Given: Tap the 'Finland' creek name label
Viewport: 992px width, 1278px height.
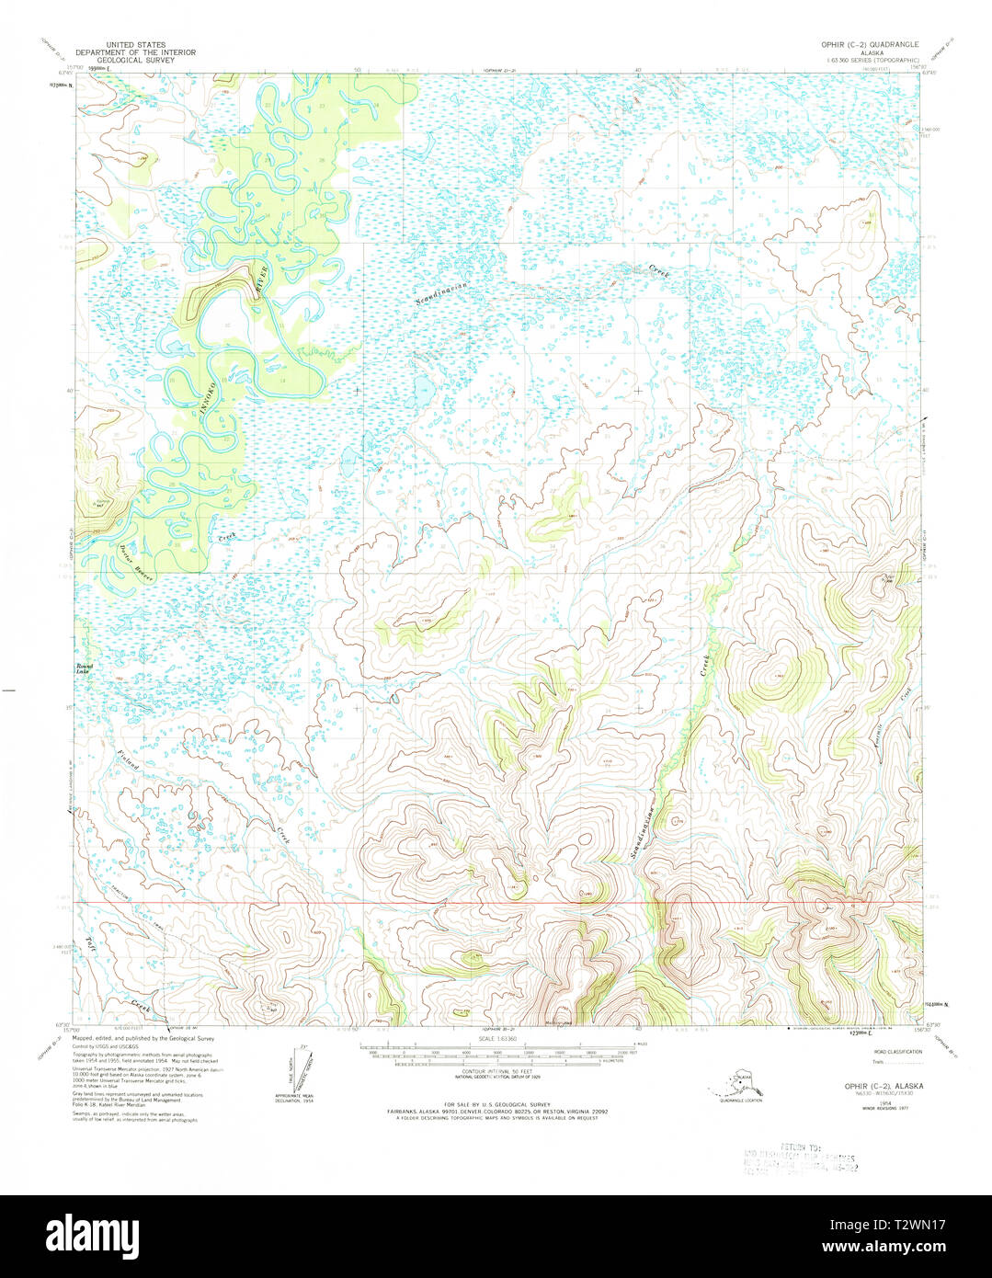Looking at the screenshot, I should coord(128,770).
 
